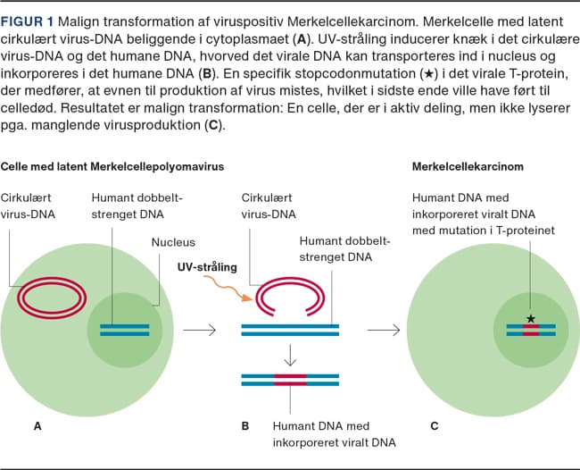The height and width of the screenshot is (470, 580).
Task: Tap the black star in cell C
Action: (531, 318)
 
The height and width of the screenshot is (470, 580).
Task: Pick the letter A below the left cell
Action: (37, 426)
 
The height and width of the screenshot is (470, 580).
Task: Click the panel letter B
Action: (245, 426)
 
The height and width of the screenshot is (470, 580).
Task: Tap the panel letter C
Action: (434, 426)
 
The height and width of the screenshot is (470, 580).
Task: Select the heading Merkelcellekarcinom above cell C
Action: (468, 166)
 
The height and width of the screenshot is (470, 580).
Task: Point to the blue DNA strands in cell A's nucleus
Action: (124, 330)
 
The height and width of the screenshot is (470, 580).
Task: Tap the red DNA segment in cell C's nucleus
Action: (531, 330)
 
